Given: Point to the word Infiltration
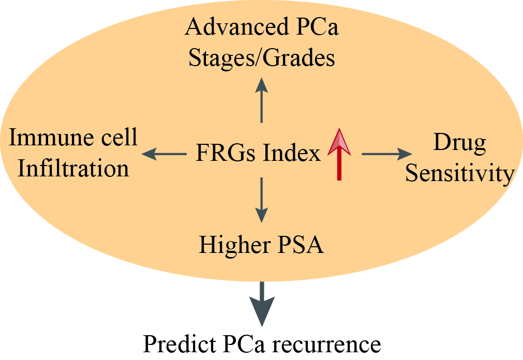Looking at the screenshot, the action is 73,168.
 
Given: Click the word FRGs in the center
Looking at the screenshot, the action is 226,153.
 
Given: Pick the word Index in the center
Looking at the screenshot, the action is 292,153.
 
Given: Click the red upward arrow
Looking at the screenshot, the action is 339,154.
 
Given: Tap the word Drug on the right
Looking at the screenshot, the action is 459,143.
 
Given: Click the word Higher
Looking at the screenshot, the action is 234,245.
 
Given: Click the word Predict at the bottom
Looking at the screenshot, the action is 180,343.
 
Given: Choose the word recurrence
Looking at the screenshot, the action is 326,345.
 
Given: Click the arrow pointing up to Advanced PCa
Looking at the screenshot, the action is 262,100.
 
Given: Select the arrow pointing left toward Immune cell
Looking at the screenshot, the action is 164,154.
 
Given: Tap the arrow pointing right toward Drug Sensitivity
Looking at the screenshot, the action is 387,154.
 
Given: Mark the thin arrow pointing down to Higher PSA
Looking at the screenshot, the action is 262,200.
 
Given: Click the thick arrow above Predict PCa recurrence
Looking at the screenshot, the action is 262,304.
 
